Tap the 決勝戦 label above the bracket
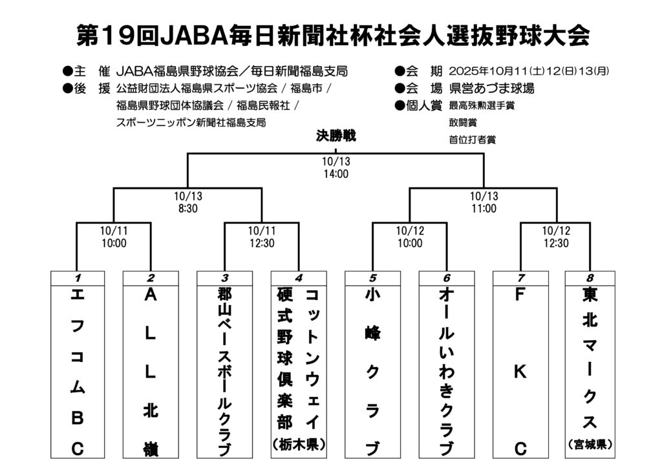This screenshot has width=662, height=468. [336, 137]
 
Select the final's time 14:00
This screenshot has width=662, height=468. [336, 173]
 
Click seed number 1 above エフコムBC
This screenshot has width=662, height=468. [77, 278]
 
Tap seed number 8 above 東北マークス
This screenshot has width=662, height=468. [590, 278]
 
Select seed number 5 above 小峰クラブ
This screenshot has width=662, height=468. [373, 278]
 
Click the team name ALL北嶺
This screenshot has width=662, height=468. [151, 372]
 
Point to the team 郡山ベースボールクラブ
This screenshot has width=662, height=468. [224, 372]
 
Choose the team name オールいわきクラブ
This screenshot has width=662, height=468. [446, 372]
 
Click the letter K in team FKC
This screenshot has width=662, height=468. [519, 372]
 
